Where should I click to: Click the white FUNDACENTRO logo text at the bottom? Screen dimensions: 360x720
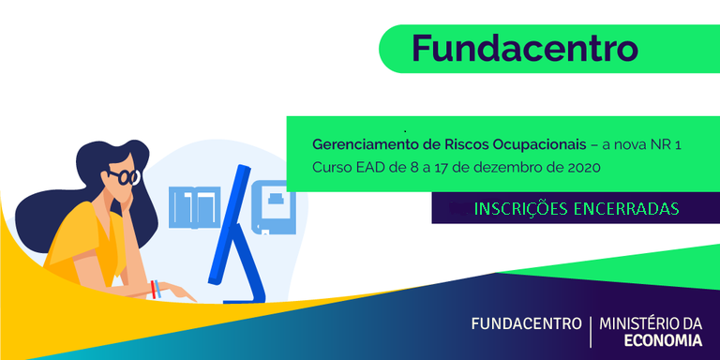click(525, 324)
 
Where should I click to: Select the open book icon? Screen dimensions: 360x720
click(193, 207)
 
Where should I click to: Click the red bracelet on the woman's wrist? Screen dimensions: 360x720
click(154, 287)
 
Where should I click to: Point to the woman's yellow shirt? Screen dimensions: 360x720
click(84, 246)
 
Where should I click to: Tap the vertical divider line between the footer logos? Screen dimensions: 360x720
click(590, 332)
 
